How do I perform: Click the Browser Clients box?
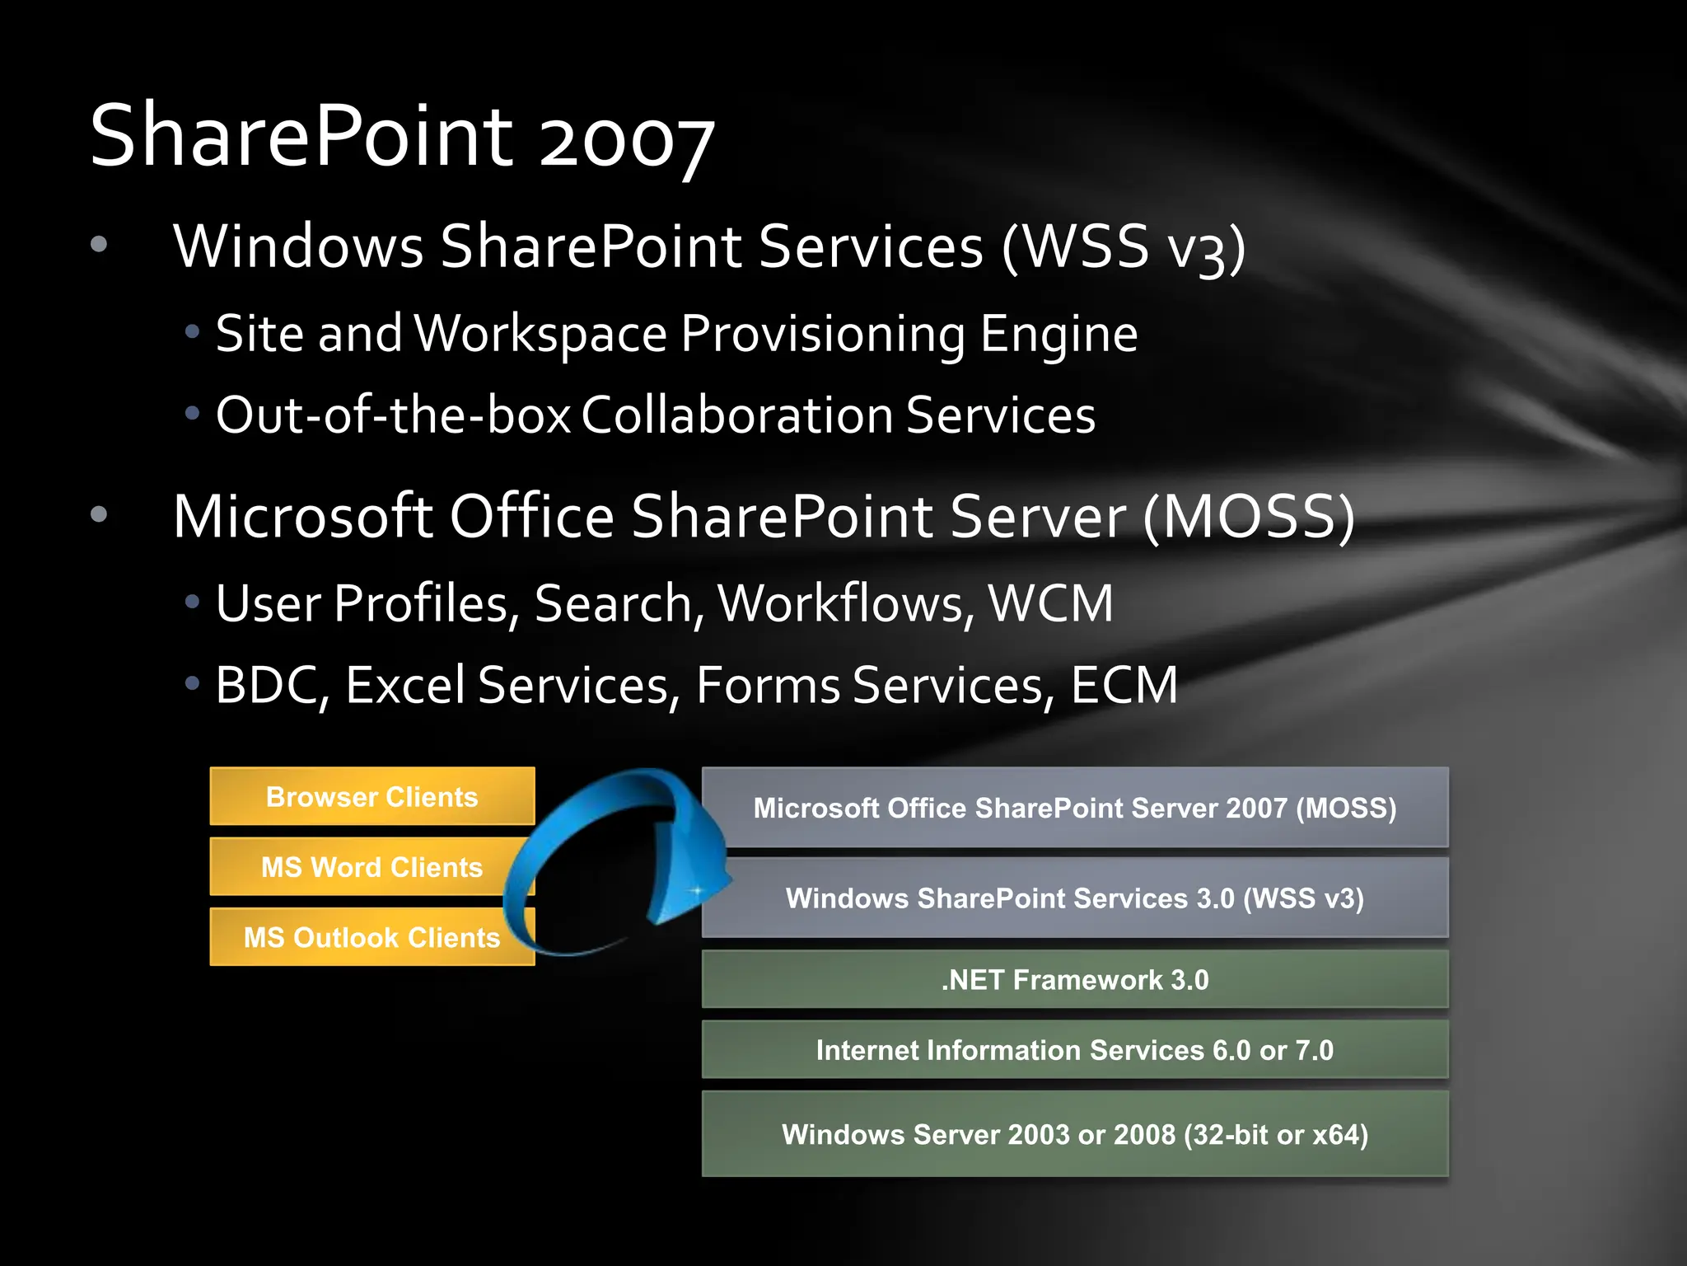372,796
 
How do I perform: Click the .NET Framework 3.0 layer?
1075,979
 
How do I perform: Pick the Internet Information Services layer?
1075,1050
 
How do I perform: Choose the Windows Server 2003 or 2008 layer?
1075,1134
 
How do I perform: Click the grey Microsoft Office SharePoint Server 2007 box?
1075,808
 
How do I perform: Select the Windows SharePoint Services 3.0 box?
1075,898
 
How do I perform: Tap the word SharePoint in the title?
301,136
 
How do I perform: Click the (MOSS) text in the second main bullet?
1249,518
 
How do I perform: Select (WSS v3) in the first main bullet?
1124,247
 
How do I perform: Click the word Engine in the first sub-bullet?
1058,335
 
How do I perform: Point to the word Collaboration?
737,415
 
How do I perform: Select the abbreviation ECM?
1124,686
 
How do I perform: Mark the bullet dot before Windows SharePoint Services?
99,244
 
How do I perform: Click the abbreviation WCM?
1050,603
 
